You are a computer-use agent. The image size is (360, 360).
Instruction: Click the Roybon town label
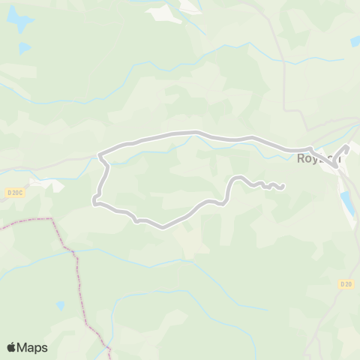click(319, 159)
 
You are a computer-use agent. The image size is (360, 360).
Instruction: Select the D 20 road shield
click(346, 284)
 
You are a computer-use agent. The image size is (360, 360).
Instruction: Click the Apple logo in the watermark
click(12, 347)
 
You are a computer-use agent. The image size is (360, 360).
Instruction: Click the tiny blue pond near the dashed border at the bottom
click(60, 306)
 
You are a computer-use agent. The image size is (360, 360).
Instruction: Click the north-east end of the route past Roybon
click(348, 148)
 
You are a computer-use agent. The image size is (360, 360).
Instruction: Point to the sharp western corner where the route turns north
click(94, 200)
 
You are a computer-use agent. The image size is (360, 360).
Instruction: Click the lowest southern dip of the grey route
click(161, 226)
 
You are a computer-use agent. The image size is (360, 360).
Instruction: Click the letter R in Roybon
click(301, 159)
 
